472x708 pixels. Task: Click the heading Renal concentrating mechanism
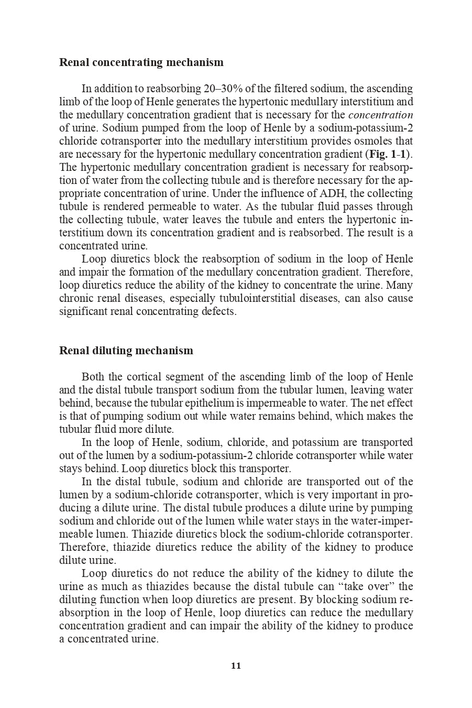click(141, 62)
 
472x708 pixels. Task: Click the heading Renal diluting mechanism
click(126, 351)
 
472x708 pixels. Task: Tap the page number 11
click(236, 666)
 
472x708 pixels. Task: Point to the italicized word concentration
click(380, 115)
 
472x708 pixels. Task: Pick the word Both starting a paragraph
click(94, 377)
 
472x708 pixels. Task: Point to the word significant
click(82, 311)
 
